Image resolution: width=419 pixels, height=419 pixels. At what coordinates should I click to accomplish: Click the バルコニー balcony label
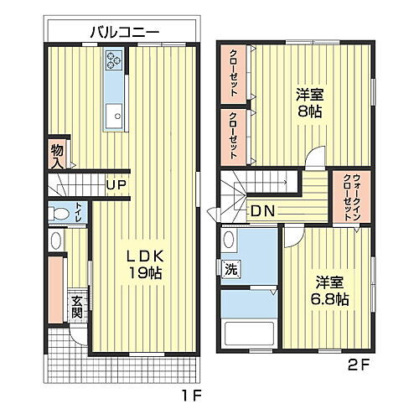pos(125,33)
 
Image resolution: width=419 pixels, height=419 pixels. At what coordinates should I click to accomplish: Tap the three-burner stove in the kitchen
pos(114,60)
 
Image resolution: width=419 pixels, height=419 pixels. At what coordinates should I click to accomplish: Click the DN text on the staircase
pos(263,210)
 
